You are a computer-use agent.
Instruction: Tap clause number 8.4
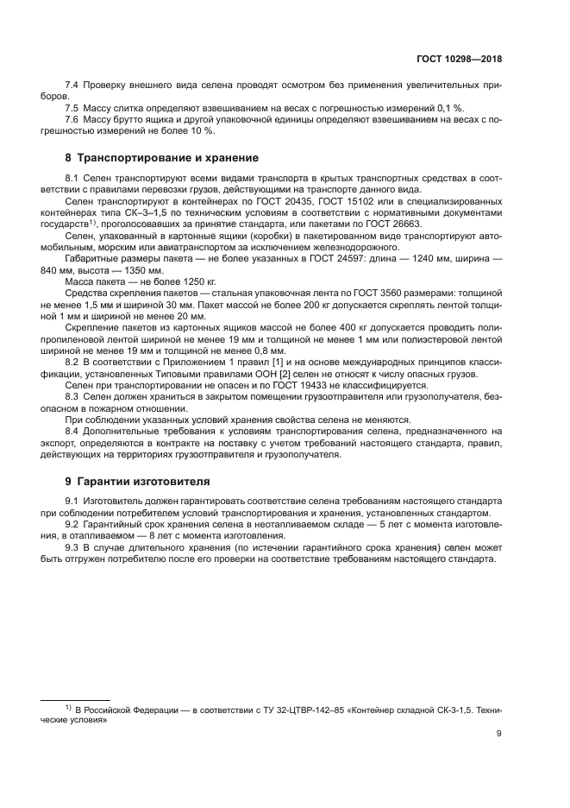[x=73, y=429]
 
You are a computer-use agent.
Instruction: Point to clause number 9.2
[x=73, y=524]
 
